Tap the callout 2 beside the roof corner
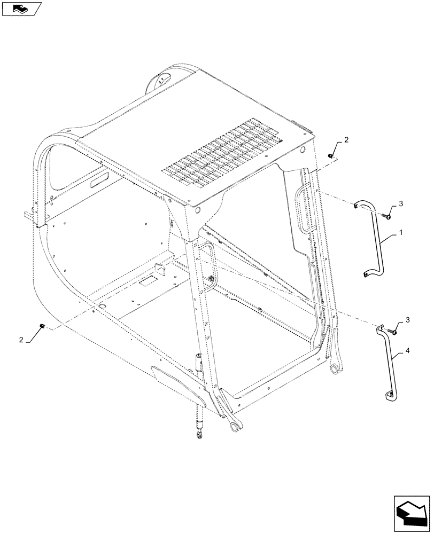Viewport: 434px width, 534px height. (x=346, y=140)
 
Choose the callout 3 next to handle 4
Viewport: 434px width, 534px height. (x=408, y=320)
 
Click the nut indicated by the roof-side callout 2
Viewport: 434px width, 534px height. (x=331, y=155)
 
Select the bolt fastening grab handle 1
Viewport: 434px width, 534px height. (x=386, y=216)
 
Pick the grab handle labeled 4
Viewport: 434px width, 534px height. (x=390, y=363)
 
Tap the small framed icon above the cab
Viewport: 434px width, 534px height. (x=21, y=9)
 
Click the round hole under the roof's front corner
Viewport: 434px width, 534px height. (x=199, y=212)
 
